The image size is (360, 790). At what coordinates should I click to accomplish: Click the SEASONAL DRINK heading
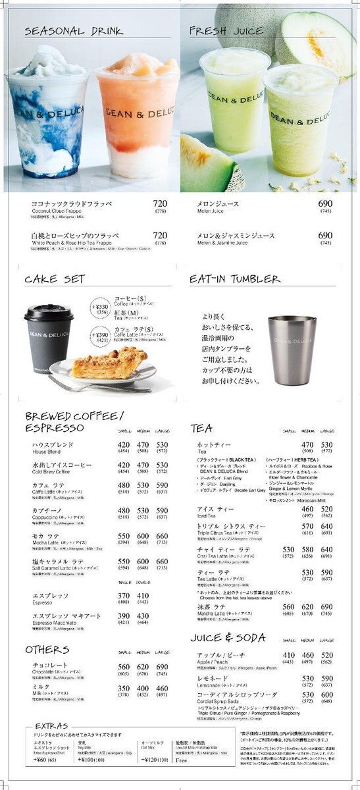coord(74,32)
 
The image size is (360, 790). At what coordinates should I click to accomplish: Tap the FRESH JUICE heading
coord(226,31)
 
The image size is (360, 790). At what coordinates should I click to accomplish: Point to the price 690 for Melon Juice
coord(325,204)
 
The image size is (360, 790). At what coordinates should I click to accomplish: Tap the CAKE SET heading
coord(55,279)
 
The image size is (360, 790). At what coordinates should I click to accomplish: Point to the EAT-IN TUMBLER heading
coord(234,279)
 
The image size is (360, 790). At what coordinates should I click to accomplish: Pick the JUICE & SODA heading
coord(228,638)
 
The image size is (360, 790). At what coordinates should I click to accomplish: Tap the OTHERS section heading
coord(47,650)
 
